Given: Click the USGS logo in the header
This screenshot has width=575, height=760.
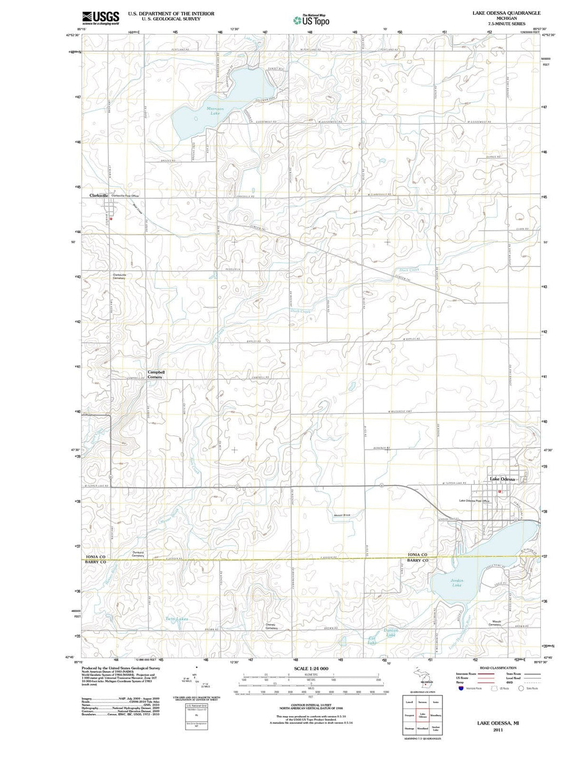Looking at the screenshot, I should click(x=101, y=18).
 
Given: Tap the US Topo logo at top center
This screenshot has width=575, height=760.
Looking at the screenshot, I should click(x=311, y=20).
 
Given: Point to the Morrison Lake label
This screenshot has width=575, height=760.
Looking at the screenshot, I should click(x=215, y=111).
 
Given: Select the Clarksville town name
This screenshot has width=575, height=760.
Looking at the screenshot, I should click(x=99, y=196).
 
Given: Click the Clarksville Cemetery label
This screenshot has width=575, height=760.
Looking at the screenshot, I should click(x=119, y=276).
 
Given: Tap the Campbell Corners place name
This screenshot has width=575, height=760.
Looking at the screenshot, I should click(x=155, y=374).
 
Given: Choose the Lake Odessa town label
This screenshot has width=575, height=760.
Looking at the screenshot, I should click(x=502, y=479).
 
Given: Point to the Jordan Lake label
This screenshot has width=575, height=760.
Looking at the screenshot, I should click(x=457, y=583).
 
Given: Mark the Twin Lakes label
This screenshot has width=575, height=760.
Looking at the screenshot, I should click(x=176, y=619).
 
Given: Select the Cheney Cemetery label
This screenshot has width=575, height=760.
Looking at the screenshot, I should click(x=272, y=627).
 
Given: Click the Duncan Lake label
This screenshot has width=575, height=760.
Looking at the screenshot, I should click(x=391, y=633).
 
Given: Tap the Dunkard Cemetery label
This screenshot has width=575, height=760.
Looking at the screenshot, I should click(x=138, y=554).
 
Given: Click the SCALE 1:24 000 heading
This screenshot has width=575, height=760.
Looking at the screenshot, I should click(x=311, y=668).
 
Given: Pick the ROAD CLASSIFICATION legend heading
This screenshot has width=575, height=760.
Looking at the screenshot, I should click(x=498, y=668).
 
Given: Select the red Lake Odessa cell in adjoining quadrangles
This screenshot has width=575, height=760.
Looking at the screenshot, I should click(x=423, y=715).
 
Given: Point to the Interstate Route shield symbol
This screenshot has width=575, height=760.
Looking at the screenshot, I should click(x=461, y=688).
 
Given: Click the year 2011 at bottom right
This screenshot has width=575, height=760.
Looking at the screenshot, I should click(x=498, y=730).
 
